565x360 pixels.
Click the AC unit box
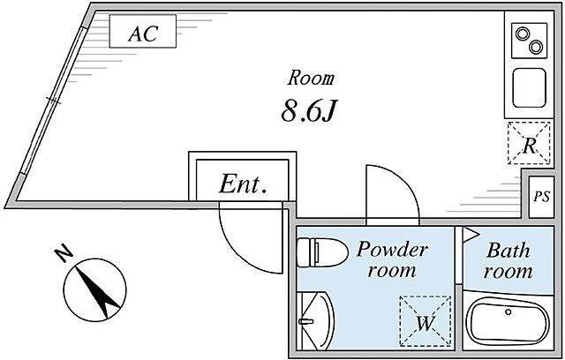click(x=143, y=31)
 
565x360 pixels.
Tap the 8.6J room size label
click(x=308, y=111)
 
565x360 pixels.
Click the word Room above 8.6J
click(x=311, y=79)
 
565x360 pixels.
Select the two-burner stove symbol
click(x=530, y=41)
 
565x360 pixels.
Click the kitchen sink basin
click(x=529, y=87)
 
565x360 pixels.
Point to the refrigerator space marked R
click(x=529, y=143)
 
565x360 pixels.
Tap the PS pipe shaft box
click(x=541, y=197)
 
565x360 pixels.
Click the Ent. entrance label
click(x=243, y=184)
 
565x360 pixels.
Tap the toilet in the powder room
click(x=322, y=252)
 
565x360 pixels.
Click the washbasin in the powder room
click(x=316, y=321)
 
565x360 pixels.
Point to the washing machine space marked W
click(x=426, y=321)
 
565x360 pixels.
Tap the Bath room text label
click(x=508, y=261)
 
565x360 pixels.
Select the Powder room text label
click(x=392, y=259)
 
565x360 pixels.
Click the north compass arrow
click(x=98, y=292)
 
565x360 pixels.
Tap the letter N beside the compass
click(x=64, y=253)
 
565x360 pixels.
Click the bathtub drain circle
click(x=508, y=311)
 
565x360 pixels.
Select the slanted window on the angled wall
click(x=53, y=101)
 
